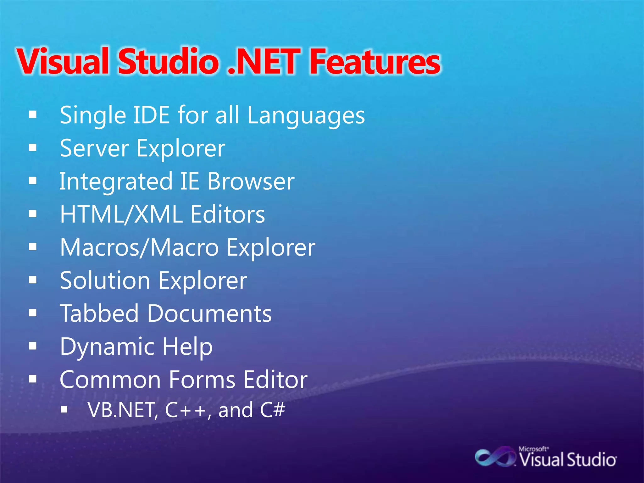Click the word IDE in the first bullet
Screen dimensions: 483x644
coord(152,115)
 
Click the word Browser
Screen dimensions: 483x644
coord(251,181)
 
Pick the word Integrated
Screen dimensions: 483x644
coord(116,182)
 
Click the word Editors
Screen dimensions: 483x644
coord(228,214)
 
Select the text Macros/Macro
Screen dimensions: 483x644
coord(139,247)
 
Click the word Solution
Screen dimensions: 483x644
coord(105,280)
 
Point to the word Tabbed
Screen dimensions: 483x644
coord(99,314)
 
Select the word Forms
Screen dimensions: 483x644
coord(202,380)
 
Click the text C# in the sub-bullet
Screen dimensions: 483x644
coord(272,410)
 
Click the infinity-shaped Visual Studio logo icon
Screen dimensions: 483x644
coord(495,458)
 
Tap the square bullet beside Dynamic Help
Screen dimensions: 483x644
coord(33,346)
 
